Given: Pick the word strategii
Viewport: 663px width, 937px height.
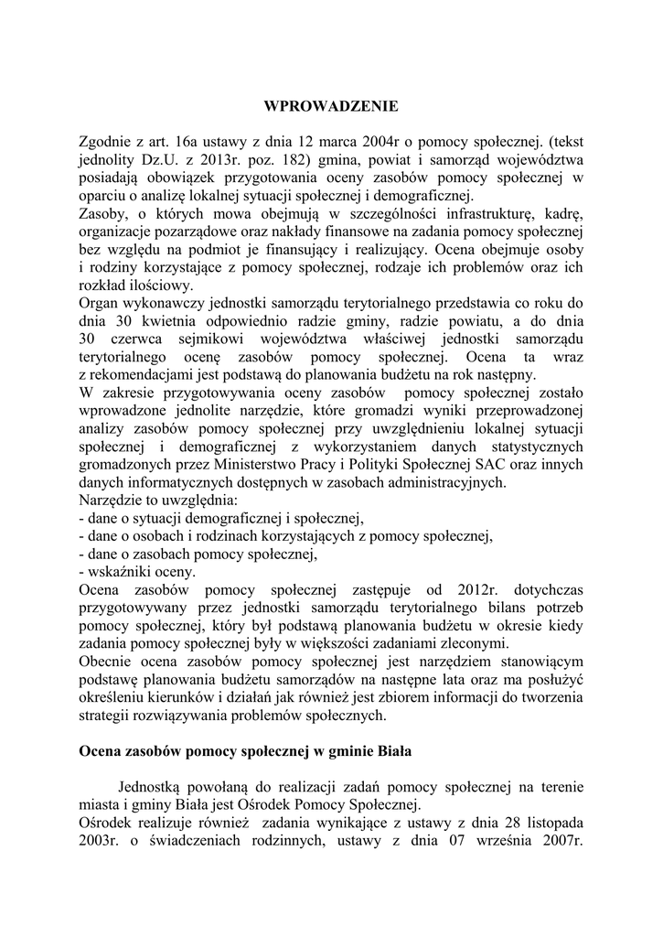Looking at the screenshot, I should [x=108, y=716].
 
